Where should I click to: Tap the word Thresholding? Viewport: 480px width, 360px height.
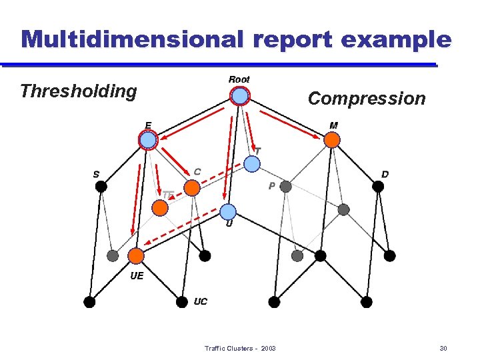(x=79, y=91)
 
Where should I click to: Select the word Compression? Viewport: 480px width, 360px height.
(x=366, y=99)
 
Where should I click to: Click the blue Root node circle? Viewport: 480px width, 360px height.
(x=240, y=97)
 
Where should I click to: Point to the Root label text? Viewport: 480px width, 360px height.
(x=239, y=79)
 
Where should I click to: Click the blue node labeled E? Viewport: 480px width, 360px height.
(x=147, y=139)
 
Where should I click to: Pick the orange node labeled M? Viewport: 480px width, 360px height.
(x=332, y=139)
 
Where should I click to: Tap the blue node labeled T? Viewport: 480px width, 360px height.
(x=251, y=164)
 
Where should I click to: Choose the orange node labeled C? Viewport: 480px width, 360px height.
(x=192, y=188)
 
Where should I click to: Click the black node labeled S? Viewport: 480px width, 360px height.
(x=101, y=187)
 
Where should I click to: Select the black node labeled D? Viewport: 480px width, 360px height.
(x=378, y=187)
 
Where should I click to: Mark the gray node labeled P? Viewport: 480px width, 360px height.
(x=285, y=187)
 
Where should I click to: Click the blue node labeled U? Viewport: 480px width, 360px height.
(x=228, y=211)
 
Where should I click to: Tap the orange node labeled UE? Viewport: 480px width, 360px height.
(x=136, y=256)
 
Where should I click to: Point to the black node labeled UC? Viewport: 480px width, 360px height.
(x=181, y=302)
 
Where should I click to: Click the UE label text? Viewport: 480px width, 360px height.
(x=137, y=275)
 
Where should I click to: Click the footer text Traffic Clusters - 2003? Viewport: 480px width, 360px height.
(x=240, y=349)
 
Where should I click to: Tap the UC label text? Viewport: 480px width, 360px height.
(x=200, y=301)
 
